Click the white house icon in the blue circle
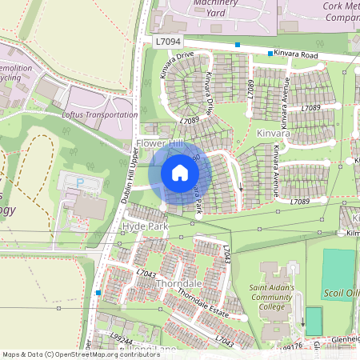pos(180,173)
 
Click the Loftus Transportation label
pos(99,114)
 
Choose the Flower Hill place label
pos(159,143)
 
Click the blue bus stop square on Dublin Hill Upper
pos(98,293)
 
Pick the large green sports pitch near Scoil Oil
pos(338,274)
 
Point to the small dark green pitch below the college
pos(314,321)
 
